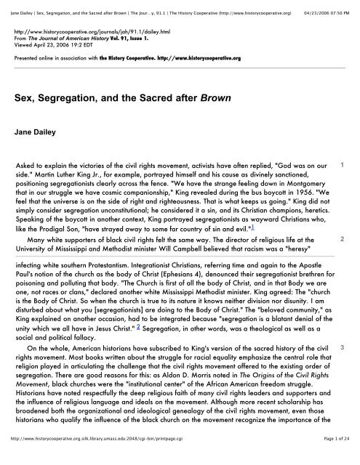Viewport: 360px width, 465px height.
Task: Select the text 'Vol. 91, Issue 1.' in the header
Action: [x=137, y=41]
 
